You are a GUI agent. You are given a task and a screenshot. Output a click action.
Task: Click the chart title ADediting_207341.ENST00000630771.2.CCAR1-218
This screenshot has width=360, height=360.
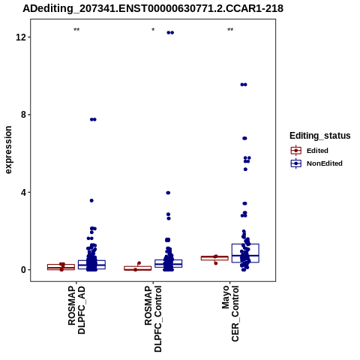coord(153,8)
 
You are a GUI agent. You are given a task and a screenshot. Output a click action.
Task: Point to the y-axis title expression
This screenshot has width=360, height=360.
coord(8,150)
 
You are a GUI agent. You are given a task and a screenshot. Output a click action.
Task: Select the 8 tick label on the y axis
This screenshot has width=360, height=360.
coord(23,115)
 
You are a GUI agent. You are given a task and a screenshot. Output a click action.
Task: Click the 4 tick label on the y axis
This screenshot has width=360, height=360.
coord(23,192)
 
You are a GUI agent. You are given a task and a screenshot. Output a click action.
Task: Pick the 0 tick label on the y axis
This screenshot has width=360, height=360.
coord(23,270)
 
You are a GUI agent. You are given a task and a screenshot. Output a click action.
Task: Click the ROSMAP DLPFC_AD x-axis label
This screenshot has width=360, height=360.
coord(76,310)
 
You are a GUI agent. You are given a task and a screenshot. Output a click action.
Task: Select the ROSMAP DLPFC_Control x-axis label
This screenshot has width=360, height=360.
coord(153,319)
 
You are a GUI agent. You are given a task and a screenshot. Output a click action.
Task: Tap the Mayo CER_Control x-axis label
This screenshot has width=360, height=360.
coord(230,313)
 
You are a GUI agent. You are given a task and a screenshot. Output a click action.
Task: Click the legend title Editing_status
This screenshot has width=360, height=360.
coord(320,136)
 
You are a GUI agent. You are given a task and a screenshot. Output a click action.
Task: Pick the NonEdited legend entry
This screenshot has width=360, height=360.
coord(316,163)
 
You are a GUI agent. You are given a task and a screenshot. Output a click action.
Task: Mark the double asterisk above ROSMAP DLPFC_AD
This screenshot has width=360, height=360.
coord(76,30)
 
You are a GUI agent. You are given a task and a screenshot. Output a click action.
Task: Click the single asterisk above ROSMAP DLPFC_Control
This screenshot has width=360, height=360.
coord(153,30)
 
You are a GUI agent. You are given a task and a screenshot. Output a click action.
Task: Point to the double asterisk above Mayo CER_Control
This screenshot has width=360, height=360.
coord(230,30)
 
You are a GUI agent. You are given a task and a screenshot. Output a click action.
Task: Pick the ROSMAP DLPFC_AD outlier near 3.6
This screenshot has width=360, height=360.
coord(91,200)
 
